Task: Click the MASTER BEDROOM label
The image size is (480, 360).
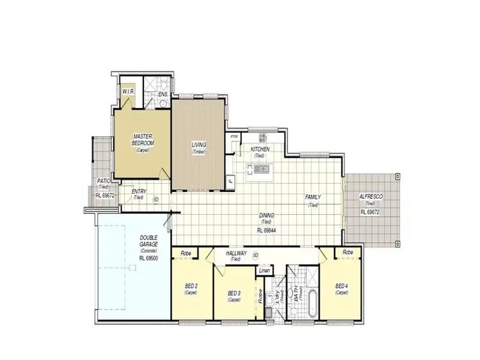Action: (142, 140)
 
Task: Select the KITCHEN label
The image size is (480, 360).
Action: (260, 149)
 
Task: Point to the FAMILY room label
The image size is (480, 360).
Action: (313, 197)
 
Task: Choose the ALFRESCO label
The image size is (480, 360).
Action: (371, 196)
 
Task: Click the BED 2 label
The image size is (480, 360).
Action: (190, 285)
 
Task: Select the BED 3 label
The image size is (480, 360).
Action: (234, 293)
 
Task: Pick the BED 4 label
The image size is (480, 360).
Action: (341, 285)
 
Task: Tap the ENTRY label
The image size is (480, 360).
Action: (139, 191)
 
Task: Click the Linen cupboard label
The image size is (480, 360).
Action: (264, 271)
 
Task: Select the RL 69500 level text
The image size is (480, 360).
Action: (148, 258)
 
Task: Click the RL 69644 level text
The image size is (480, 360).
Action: (266, 230)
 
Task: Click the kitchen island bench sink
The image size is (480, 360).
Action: (261, 169)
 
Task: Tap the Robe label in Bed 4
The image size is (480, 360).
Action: (348, 253)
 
